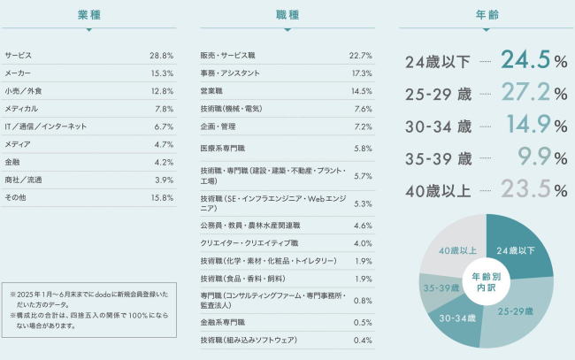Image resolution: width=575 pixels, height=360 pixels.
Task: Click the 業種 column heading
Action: coord(88,14)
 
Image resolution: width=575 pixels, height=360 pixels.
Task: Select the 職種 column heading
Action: coord(286,14)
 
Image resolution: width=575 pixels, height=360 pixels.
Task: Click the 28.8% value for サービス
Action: coord(161,55)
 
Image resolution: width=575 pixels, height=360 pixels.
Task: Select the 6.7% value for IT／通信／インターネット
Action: coord(163,126)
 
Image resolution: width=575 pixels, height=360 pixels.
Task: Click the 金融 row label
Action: coord(12,162)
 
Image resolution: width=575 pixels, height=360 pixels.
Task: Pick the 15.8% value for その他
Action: coord(161,197)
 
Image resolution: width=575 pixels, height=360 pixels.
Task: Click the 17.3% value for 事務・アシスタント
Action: coord(361,73)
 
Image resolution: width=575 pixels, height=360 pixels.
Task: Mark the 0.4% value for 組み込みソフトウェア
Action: coord(363,340)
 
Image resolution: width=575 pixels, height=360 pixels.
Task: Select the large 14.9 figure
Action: coord(528,125)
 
